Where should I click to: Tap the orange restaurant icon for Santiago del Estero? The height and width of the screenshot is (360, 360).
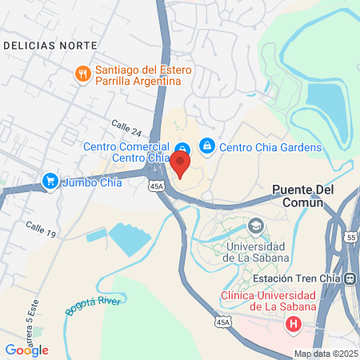click(x=82, y=74)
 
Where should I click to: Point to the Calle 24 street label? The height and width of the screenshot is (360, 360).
click(x=126, y=126)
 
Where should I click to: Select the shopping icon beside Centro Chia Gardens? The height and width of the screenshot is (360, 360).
click(x=207, y=146)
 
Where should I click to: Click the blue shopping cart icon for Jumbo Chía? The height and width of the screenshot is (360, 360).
click(x=50, y=182)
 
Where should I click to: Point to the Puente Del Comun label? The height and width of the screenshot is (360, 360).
click(x=298, y=197)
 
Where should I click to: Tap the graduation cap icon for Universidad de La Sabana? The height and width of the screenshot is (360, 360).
click(x=255, y=226)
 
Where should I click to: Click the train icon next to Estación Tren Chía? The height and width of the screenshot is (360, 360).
click(x=350, y=278)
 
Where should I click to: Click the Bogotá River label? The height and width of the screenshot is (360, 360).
click(x=86, y=305)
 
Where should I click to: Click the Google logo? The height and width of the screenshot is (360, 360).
click(x=26, y=350)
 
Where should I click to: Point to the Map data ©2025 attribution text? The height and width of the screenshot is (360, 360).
click(x=324, y=354)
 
